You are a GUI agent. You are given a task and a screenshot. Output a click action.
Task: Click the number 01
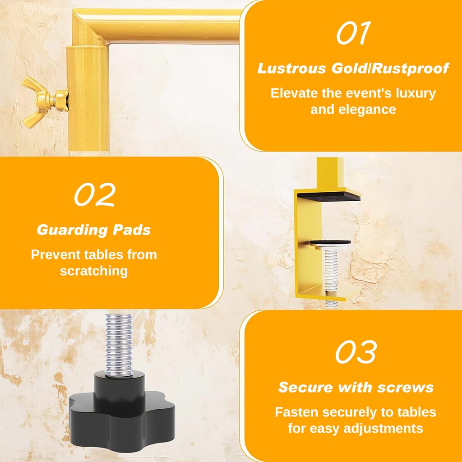pos(353,33)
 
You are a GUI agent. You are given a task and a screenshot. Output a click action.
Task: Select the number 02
pos(94,194)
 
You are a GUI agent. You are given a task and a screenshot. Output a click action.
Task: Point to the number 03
pos(356,352)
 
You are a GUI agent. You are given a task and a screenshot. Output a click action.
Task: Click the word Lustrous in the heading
pos(292,69)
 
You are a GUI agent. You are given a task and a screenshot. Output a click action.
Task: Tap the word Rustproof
pos(410,69)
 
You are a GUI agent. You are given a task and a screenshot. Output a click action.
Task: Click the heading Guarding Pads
pos(94,230)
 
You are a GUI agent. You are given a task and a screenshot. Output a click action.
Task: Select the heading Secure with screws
pos(356,387)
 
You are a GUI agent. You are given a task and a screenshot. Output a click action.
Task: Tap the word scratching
pos(94,271)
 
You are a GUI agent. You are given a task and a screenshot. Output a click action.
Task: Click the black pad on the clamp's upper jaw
pos(328,196)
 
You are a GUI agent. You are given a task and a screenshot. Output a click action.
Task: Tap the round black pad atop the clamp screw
pos(330,242)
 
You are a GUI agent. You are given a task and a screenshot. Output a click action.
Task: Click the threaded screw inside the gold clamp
pos(331,271)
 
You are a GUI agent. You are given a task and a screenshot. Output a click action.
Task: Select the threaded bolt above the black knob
pos(119,345)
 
